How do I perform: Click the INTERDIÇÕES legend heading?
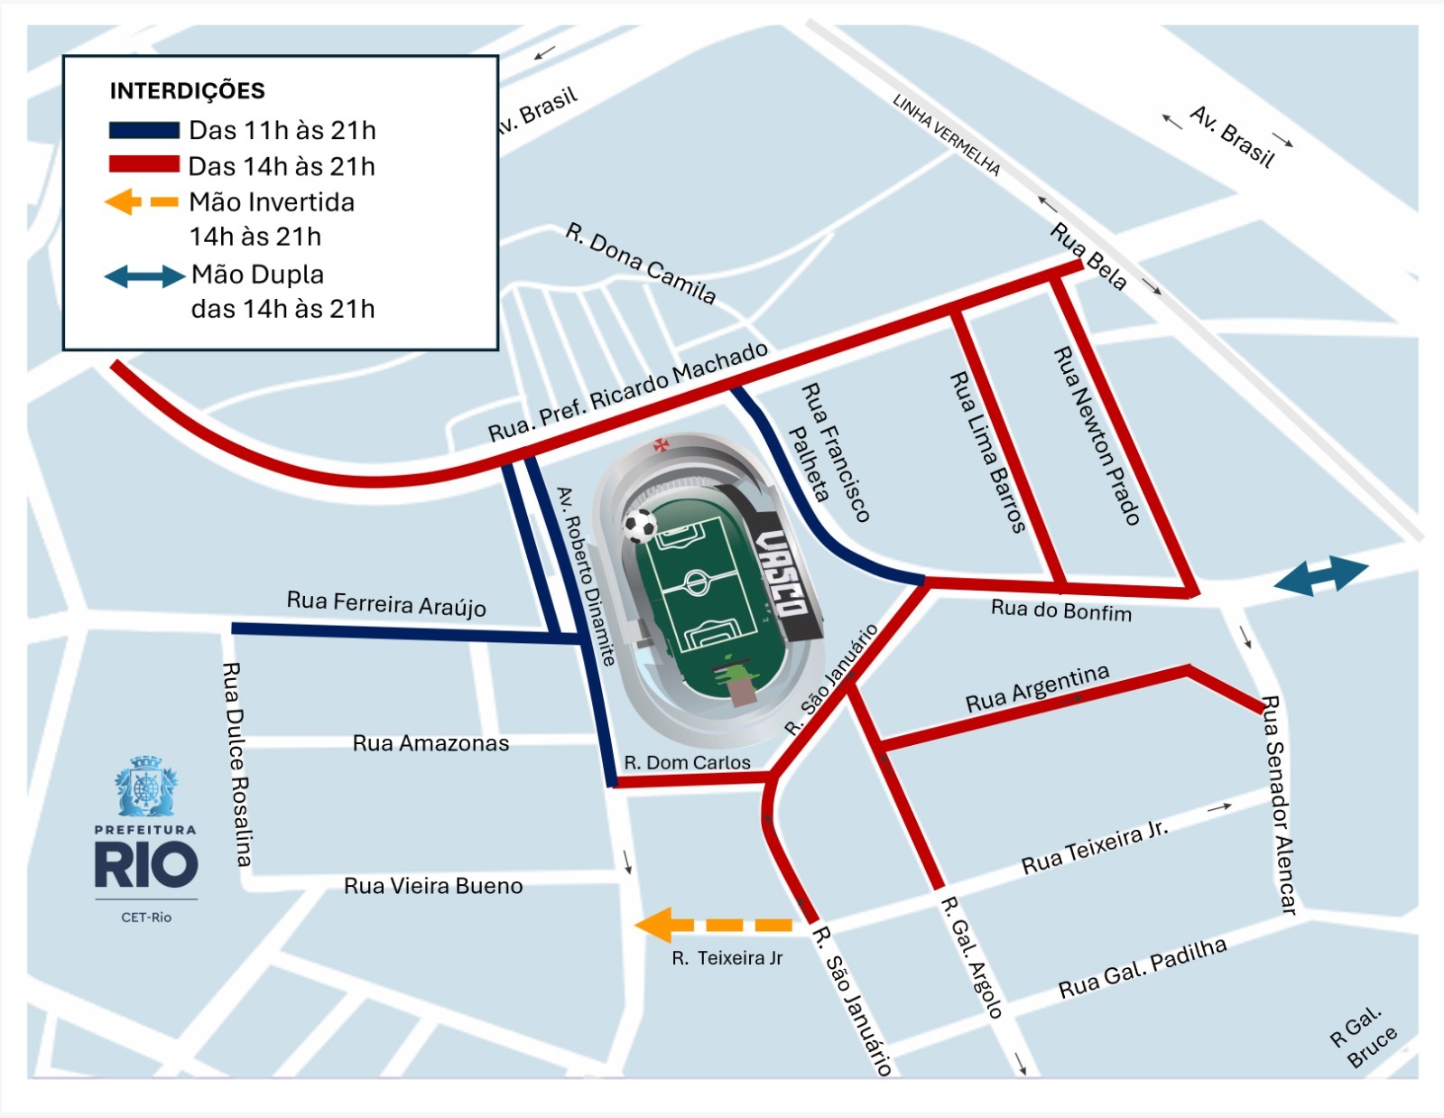(x=187, y=90)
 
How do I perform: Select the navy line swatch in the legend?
(x=143, y=130)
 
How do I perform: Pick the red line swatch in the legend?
(x=143, y=164)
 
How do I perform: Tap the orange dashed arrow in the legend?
(x=142, y=201)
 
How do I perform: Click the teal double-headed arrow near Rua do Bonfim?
(x=1321, y=576)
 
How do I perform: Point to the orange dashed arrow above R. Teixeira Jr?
(x=713, y=925)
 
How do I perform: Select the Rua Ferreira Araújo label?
(x=386, y=603)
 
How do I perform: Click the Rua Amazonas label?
(x=430, y=743)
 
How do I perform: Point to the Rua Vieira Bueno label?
(x=433, y=886)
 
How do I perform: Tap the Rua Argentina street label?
(x=1037, y=689)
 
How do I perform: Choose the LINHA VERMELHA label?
(x=947, y=135)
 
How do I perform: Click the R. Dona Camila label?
(x=641, y=263)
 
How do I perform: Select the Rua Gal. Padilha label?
(x=1142, y=968)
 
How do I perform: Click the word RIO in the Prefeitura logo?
(x=146, y=865)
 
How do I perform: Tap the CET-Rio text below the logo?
(x=146, y=918)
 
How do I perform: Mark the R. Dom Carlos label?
(x=687, y=762)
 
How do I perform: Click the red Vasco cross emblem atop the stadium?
(x=662, y=444)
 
